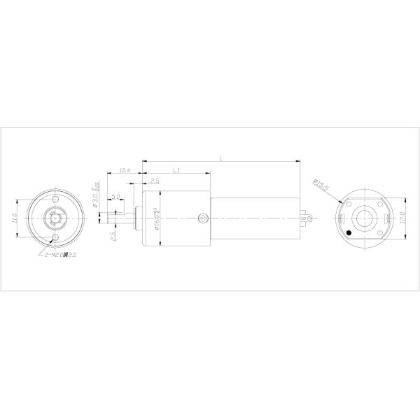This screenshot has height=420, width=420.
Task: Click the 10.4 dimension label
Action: pos(125,170)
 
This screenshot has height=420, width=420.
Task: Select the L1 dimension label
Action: pos(176,170)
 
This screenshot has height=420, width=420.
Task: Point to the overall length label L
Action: pos(221,159)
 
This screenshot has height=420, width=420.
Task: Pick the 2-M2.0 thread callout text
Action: pos(59,255)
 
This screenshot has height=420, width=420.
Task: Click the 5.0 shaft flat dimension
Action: pos(115,197)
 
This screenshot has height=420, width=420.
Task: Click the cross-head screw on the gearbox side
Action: pos(202,218)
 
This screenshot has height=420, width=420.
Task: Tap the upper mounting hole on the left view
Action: pos(58,198)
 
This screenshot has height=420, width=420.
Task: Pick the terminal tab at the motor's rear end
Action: pos(306,218)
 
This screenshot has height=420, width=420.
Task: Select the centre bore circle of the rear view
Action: pos(366,218)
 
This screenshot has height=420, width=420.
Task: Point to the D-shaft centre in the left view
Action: pos(55,218)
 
